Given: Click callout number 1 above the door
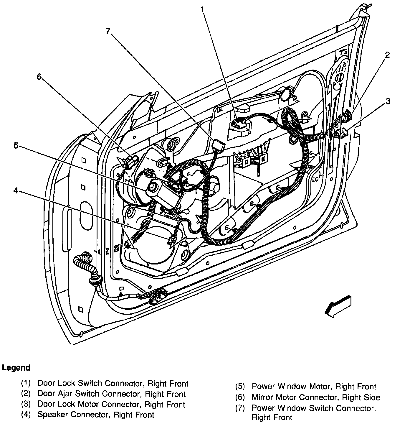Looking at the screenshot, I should click(202, 9).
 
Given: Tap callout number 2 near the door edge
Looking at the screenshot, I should click(387, 55).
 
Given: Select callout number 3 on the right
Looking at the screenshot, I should click(388, 101).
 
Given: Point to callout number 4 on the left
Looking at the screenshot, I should click(16, 191).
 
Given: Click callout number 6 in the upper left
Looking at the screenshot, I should click(39, 77).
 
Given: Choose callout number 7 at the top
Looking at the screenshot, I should click(108, 31).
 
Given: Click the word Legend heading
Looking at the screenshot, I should click(16, 368).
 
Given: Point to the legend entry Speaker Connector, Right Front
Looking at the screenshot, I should click(96, 415).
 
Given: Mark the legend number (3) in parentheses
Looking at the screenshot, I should click(26, 404).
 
